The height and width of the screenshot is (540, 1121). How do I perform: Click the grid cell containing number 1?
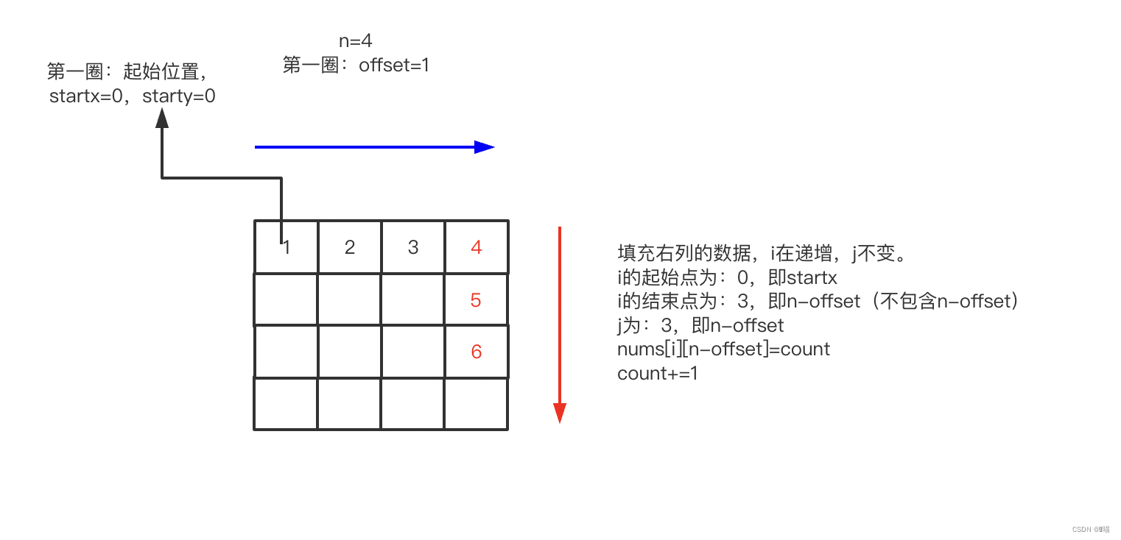(x=287, y=247)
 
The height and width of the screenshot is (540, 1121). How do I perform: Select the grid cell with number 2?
(x=350, y=247)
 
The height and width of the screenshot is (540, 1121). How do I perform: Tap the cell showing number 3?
(x=413, y=247)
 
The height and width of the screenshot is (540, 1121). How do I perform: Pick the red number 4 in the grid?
(x=477, y=247)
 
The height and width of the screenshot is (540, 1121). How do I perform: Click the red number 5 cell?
(x=476, y=300)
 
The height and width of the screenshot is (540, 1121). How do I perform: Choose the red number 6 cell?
(x=476, y=352)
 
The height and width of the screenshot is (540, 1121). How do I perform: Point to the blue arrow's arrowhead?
(x=485, y=147)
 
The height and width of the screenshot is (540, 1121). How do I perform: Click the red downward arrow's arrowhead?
(x=560, y=413)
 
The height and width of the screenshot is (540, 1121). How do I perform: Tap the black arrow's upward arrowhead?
(x=162, y=118)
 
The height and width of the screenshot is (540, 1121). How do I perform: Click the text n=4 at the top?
(x=356, y=41)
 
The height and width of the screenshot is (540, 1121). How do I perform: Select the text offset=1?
(x=394, y=65)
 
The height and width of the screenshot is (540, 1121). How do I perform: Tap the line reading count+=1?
(x=658, y=373)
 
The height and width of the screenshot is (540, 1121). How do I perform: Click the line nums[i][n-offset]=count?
(x=723, y=349)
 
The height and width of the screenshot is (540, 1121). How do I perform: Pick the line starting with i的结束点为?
(x=818, y=302)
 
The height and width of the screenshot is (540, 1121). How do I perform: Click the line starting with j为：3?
(x=700, y=325)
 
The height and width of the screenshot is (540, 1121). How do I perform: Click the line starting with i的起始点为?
(x=727, y=278)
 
